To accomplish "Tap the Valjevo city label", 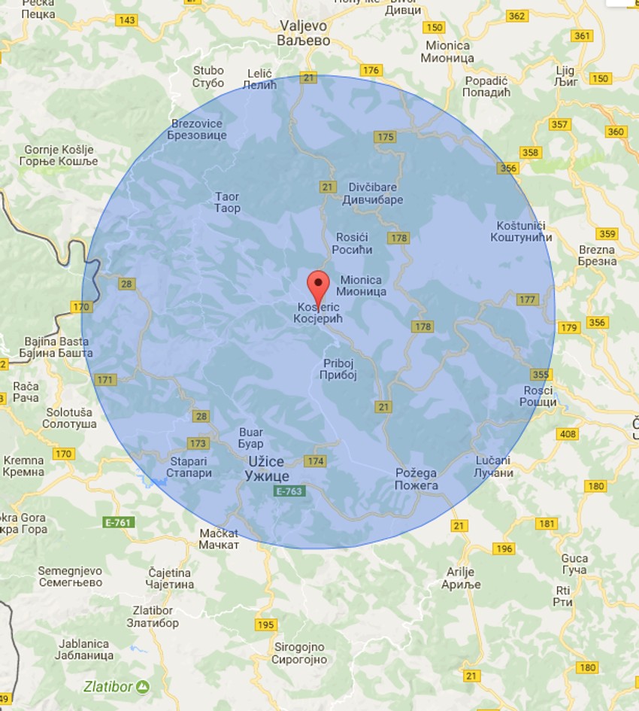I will click(304, 33).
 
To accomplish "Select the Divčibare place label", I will click(372, 193).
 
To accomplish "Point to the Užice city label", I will click(267, 469).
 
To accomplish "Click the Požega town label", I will click(416, 479).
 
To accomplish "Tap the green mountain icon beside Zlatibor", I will click(142, 686).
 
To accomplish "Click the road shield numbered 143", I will click(126, 20).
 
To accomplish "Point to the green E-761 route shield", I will click(118, 522).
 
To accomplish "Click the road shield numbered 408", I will click(567, 434).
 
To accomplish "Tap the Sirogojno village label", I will click(299, 653).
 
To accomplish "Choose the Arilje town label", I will click(460, 578).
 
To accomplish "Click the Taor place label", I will click(227, 202).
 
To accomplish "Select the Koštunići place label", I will click(525, 232).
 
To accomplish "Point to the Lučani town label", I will click(494, 466).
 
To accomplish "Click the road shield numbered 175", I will click(385, 137).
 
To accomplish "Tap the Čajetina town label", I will click(171, 578).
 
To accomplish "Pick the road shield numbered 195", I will click(265, 625).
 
